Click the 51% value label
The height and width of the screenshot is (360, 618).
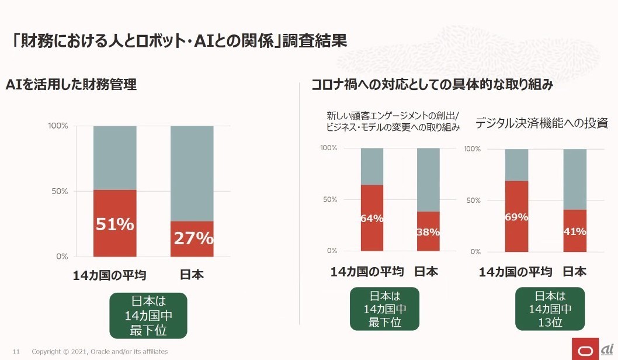115,224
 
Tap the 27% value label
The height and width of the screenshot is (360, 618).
192,238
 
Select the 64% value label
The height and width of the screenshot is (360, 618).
372,219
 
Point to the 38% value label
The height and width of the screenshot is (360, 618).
428,232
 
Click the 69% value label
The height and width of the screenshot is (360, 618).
516,217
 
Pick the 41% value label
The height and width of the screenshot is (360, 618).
575,231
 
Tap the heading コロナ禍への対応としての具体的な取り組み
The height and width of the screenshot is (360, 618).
432,85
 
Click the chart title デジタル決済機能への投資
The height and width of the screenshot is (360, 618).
541,123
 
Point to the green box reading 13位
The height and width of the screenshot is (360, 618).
550,309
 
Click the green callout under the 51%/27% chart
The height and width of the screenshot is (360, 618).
148,316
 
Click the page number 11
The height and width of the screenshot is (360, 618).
16,352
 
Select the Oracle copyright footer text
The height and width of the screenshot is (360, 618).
100,352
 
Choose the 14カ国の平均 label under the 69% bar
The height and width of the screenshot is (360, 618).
515,272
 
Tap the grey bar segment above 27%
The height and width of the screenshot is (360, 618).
192,173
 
